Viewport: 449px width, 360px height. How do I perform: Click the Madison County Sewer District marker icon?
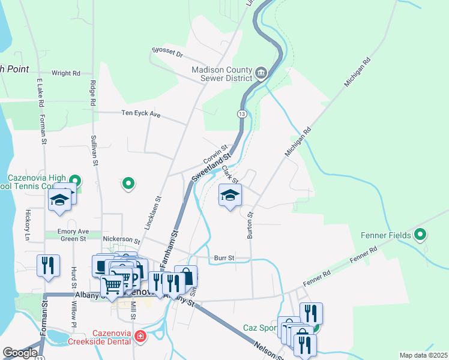pos(261,74)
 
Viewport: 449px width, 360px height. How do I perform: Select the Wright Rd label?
pos(66,73)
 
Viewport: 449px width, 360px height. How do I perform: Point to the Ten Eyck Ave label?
pos(141,113)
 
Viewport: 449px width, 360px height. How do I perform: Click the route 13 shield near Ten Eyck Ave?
pos(241,113)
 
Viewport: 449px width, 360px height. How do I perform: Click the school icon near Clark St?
pos(230,196)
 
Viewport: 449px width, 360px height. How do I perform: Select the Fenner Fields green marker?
pos(420,235)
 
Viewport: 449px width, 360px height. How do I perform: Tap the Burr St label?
pos(224,259)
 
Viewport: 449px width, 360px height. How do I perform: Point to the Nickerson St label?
pos(121,239)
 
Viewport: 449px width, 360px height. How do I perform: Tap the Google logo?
pos(20,353)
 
